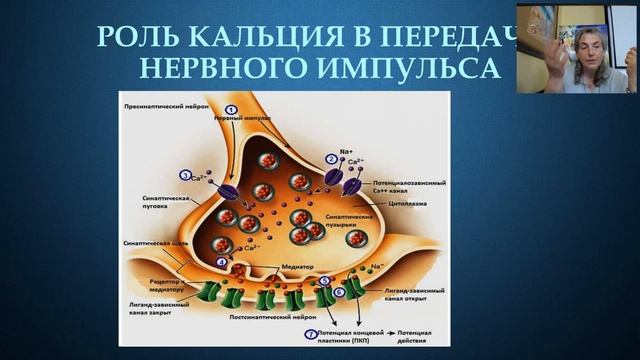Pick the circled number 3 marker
point(185,175)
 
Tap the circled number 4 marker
point(221,262)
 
